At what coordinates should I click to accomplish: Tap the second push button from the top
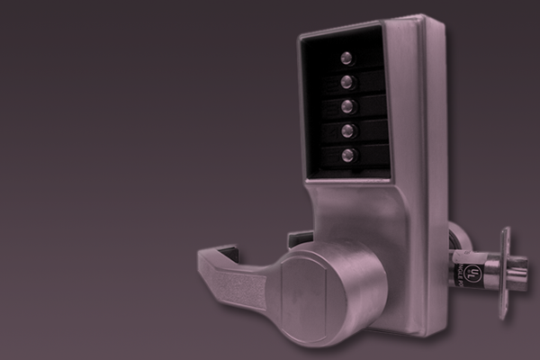point(346,83)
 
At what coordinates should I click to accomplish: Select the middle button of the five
point(346,107)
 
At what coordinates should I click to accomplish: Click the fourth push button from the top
point(347,131)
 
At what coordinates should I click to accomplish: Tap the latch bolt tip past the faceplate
point(520,271)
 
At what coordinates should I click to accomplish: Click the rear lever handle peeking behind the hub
point(299,238)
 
